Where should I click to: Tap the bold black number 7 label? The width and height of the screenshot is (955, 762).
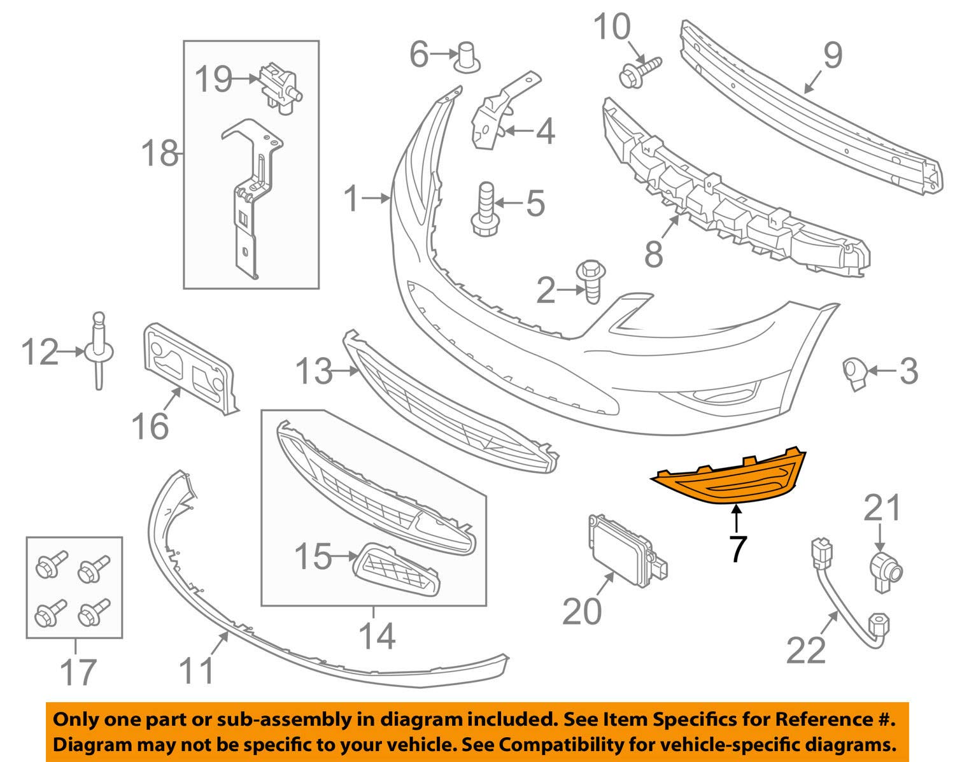pos(737,549)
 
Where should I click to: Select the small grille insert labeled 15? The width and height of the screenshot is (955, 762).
pos(397,570)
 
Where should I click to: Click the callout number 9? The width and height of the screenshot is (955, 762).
pos(833,55)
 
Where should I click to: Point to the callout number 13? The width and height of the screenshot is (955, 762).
pos(314,371)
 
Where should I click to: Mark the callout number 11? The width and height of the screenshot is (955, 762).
pos(196,669)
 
